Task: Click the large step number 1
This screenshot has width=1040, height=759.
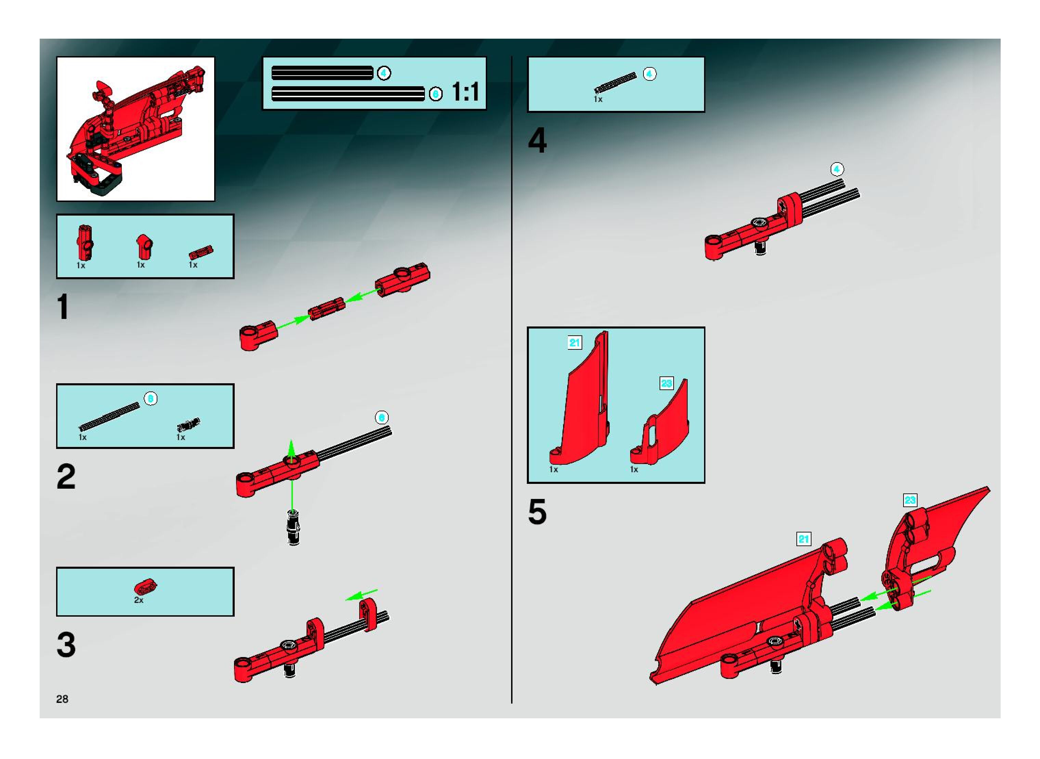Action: point(63,307)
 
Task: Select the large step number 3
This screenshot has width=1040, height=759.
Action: point(66,645)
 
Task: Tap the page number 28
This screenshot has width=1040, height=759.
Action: point(62,699)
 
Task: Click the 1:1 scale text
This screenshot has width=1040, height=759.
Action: point(465,92)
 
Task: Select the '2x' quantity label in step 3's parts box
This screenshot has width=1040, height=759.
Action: point(139,600)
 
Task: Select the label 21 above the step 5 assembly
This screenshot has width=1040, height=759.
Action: point(803,539)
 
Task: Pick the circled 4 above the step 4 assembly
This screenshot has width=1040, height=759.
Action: point(837,169)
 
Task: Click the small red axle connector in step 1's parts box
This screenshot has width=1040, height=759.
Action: point(201,252)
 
